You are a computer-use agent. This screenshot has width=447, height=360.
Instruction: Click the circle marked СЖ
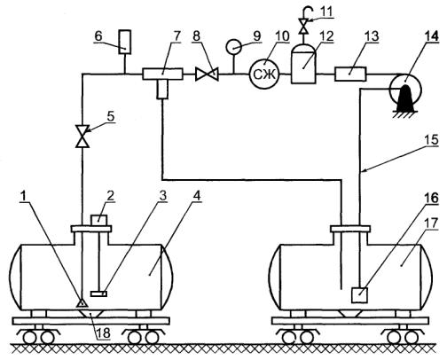(264, 74)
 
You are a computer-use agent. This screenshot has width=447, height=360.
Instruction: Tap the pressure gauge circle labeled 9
(234, 47)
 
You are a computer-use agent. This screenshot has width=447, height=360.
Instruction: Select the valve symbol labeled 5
(82, 136)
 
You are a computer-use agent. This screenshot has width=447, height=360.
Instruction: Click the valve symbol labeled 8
(207, 74)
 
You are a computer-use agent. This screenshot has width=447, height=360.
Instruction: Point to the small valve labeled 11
(303, 26)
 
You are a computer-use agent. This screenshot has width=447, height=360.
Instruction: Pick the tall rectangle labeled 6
(125, 42)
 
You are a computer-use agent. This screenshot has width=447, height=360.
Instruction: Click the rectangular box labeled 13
(350, 74)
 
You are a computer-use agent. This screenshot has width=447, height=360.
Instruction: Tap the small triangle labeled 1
(81, 303)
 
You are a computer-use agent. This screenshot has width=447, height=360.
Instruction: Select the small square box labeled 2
(98, 220)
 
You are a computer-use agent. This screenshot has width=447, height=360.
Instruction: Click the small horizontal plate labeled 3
(98, 293)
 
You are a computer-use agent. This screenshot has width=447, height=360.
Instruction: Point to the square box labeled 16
(359, 295)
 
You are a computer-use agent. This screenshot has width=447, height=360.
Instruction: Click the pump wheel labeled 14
(405, 88)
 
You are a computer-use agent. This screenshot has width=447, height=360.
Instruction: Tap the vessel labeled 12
(303, 64)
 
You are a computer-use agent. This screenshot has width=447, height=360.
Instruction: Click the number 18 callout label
(103, 333)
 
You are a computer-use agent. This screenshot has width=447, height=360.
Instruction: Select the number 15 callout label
(430, 139)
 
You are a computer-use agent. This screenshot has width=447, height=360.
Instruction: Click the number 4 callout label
(198, 196)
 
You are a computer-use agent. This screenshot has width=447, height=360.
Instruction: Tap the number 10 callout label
(282, 36)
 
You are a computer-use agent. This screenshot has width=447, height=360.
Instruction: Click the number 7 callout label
(176, 36)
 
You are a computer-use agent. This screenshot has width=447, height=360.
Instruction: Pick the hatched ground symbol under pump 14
(405, 114)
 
